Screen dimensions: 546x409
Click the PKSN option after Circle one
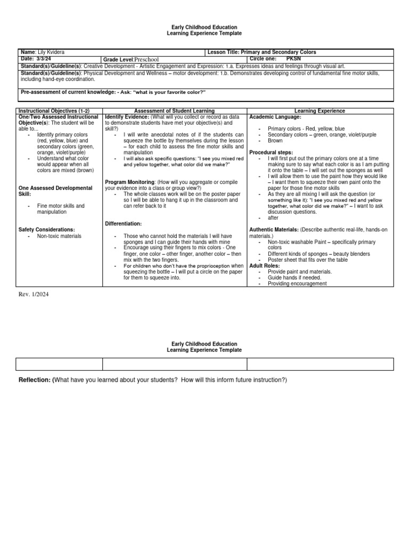[x=293, y=59]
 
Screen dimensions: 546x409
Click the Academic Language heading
[x=275, y=117]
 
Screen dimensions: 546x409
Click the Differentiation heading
[x=124, y=223]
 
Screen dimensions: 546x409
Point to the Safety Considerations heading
[x=47, y=229]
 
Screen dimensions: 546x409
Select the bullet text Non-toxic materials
[x=60, y=236]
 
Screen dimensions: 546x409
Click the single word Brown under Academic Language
[x=275, y=141]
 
